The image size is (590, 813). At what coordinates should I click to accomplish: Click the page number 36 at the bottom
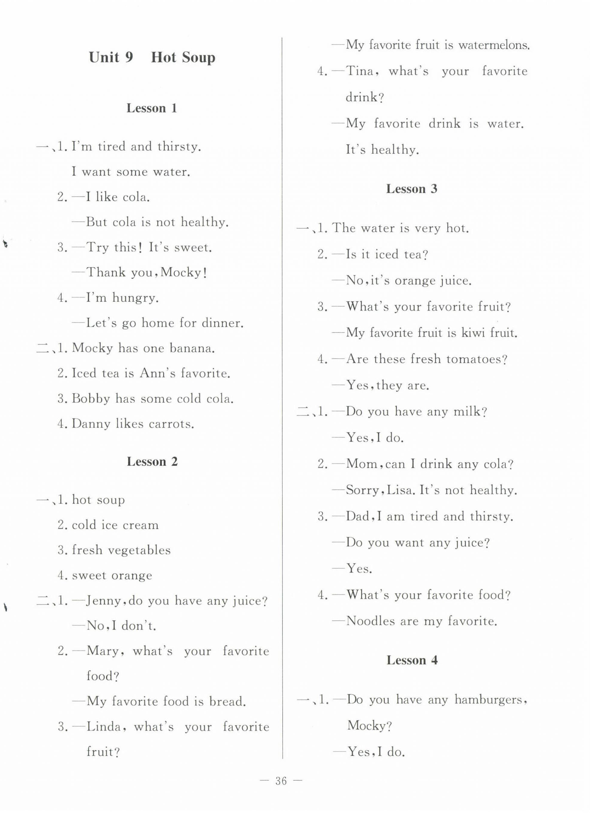click(x=281, y=781)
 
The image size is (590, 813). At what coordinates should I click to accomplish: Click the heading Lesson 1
click(x=152, y=108)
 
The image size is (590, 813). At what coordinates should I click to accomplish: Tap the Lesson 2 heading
click(x=152, y=462)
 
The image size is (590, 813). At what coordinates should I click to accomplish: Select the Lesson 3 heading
click(x=412, y=189)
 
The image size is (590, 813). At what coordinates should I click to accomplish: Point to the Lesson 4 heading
click(x=412, y=660)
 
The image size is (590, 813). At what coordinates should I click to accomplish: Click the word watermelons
click(x=494, y=46)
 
